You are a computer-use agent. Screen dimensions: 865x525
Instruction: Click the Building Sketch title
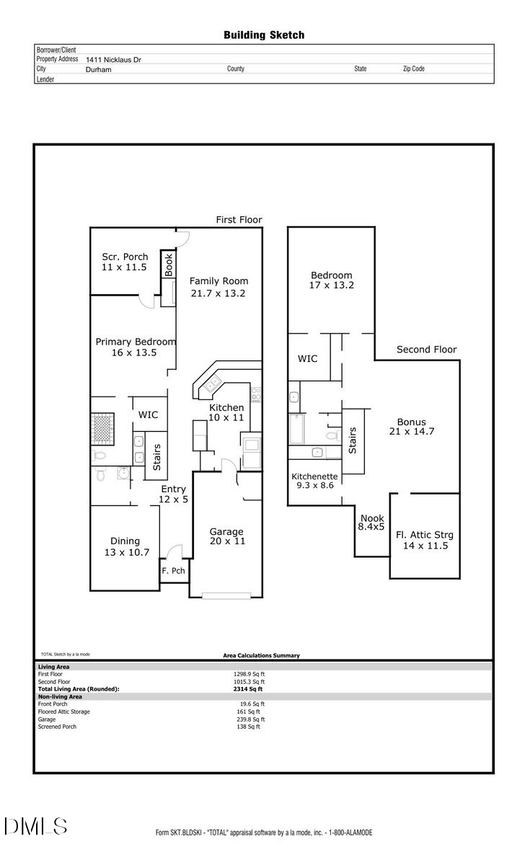[264, 35]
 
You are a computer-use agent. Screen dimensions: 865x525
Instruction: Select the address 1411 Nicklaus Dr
[113, 61]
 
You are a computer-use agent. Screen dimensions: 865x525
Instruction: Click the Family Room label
[219, 281]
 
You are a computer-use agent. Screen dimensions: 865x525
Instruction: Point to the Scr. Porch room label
[125, 257]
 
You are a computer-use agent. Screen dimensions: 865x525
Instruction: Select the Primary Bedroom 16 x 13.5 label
[136, 347]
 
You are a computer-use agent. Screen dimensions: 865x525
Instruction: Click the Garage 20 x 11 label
[226, 536]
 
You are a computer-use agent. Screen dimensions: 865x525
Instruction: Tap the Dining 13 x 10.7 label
[125, 546]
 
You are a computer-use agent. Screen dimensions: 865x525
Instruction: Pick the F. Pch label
[173, 571]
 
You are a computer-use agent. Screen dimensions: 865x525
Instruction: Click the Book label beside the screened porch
[168, 264]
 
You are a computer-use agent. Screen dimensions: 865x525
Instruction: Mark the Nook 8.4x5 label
[371, 523]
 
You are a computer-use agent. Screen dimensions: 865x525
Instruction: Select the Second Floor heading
[426, 350]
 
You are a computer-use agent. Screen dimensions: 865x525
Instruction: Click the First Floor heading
[239, 220]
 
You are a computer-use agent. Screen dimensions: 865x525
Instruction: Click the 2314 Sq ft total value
[244, 689]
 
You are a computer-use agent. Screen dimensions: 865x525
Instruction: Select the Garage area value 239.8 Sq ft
[248, 719]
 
